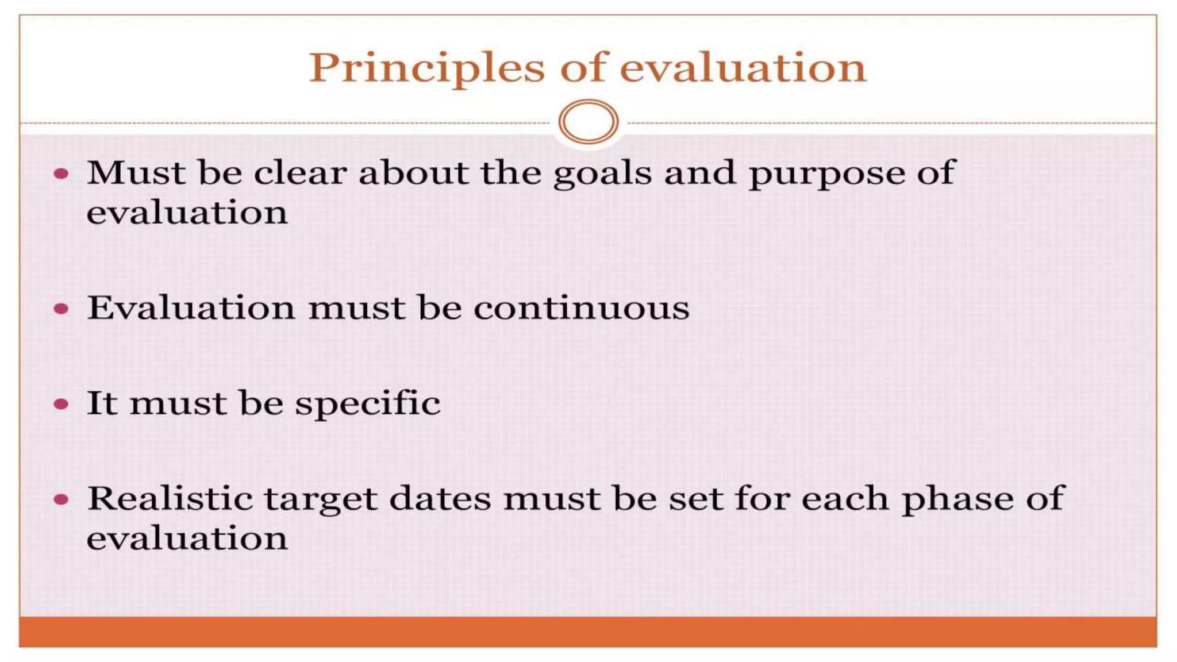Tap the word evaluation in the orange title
click(x=743, y=68)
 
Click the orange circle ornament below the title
click(x=588, y=122)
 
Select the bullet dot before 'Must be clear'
click(x=61, y=174)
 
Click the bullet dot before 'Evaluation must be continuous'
click(x=61, y=309)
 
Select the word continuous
click(x=581, y=308)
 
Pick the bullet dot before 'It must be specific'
click(x=61, y=404)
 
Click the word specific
click(x=367, y=404)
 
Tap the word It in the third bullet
click(x=102, y=403)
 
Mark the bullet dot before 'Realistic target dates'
click(x=61, y=499)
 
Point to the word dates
click(x=440, y=498)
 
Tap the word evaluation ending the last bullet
click(x=187, y=538)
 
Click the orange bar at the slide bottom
click(x=588, y=632)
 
